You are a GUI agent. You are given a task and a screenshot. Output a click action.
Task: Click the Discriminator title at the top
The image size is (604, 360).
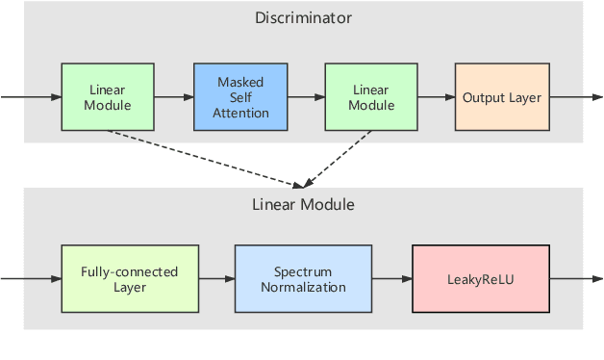click(303, 17)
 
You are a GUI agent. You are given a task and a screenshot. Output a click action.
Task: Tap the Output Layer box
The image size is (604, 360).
click(501, 98)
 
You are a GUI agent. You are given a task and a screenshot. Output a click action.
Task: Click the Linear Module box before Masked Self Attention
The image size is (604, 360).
click(108, 98)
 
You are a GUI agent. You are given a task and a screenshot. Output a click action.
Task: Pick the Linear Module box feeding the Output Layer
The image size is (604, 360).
click(371, 98)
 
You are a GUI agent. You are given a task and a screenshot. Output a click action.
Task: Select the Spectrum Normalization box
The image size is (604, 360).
click(303, 279)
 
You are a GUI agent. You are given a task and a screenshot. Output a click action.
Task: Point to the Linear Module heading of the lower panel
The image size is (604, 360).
click(303, 204)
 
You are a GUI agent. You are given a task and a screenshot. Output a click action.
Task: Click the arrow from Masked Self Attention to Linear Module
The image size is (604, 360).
click(306, 98)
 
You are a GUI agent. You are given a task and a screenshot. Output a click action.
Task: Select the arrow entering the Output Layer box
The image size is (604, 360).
click(437, 98)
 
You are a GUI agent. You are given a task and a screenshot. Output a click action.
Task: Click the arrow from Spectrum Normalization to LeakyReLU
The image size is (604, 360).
click(391, 279)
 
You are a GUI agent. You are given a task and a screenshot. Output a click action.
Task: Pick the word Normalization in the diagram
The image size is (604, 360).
click(303, 287)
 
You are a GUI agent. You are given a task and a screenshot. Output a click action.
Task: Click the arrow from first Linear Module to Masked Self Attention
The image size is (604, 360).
click(173, 98)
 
